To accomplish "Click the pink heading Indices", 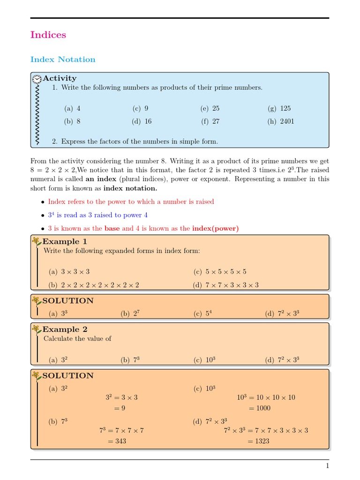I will coord(48,35).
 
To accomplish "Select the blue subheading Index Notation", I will coord(63,60).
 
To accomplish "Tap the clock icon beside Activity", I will coord(37,78).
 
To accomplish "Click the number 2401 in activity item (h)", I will coord(287,121).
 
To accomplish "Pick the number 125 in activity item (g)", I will coord(285,108).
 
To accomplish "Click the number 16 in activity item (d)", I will coord(148,121).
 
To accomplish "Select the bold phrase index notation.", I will coord(130,188).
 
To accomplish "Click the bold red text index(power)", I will coord(215,228).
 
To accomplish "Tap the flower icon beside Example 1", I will coord(37,242).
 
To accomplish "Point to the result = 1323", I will coord(259,441).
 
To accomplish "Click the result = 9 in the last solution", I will coord(120,408).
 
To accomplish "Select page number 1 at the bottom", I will coord(327,466).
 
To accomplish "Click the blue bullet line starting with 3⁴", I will coord(97,215).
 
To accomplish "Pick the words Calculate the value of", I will coord(77,338).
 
